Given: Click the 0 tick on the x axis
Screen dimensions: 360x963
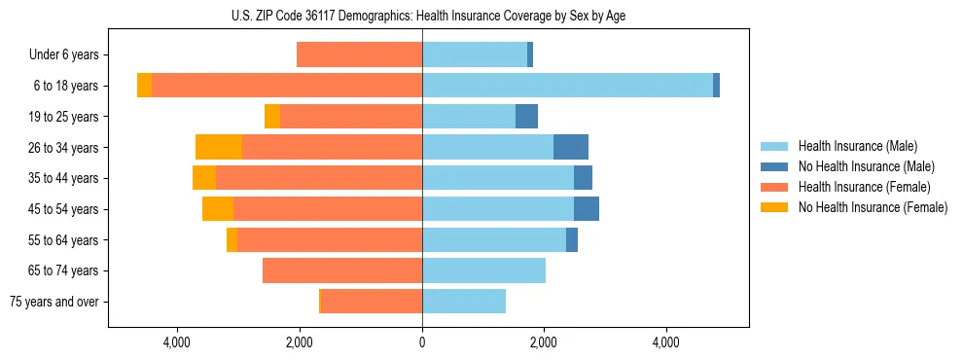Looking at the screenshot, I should [422, 342].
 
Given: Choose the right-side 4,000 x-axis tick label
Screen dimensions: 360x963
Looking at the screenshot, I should [666, 342].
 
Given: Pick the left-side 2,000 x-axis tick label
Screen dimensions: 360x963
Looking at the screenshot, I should [299, 342].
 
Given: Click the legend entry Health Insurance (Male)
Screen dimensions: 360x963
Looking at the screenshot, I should [857, 146].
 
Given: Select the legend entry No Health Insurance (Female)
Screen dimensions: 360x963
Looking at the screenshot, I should [873, 207].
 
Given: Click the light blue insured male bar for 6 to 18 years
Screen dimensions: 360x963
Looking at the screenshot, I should [567, 86].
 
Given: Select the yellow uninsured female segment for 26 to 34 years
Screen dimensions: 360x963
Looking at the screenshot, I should [219, 148].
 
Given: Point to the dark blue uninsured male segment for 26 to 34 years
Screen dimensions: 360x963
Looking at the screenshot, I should [571, 148].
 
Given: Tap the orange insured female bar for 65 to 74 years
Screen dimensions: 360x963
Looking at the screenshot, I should [342, 270].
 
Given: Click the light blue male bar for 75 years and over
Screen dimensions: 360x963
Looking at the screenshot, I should [464, 302].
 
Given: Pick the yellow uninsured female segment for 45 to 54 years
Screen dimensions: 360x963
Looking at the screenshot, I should [218, 209].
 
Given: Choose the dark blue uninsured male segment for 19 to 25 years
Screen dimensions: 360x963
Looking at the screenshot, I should [526, 117].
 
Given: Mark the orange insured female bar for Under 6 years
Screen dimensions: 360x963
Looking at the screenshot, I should [359, 55].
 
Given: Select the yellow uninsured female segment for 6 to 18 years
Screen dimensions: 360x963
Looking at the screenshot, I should [144, 86].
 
